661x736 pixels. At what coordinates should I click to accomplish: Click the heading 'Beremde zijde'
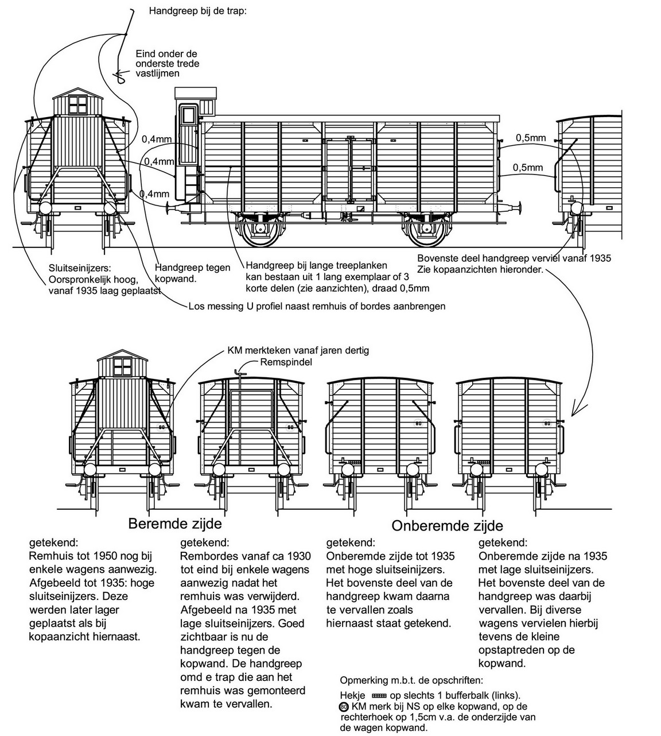174,524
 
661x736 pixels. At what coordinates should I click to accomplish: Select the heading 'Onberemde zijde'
447,525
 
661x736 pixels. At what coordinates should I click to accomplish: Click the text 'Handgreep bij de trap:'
197,10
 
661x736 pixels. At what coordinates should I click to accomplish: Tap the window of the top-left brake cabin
76,105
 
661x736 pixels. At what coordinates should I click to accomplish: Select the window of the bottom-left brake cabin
123,366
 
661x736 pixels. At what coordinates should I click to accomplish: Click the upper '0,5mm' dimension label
531,138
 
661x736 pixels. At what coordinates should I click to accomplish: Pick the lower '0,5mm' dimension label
528,168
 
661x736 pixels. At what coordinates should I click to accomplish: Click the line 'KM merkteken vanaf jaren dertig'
298,350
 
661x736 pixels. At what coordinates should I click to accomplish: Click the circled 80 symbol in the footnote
344,707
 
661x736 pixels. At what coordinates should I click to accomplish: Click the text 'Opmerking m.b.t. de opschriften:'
411,681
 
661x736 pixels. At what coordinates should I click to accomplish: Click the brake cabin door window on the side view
187,116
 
